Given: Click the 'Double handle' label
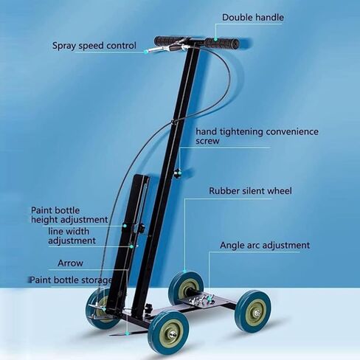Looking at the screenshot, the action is pos(253,18).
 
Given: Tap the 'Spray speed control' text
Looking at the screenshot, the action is pos(94,46).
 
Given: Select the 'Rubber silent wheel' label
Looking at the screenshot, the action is pos(250,191).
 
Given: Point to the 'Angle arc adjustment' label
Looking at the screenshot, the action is pos(265,245).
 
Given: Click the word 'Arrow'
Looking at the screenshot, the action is pos(70,263).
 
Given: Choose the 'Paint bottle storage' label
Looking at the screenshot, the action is pos(71,280).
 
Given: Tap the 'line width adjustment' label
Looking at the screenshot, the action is pos(72,236).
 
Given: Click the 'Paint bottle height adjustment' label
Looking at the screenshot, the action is pos(69,215).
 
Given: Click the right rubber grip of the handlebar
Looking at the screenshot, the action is pos(222,43).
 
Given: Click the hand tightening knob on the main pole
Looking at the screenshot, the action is pos(177,173).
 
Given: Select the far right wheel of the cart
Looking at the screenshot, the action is pos(253,311).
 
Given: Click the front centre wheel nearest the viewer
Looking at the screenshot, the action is pos(169,333).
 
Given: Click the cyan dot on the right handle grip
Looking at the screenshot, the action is pos(215,39).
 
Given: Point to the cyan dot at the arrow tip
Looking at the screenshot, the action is pos(127,333).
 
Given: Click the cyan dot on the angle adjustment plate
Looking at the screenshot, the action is pos(210,298).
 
